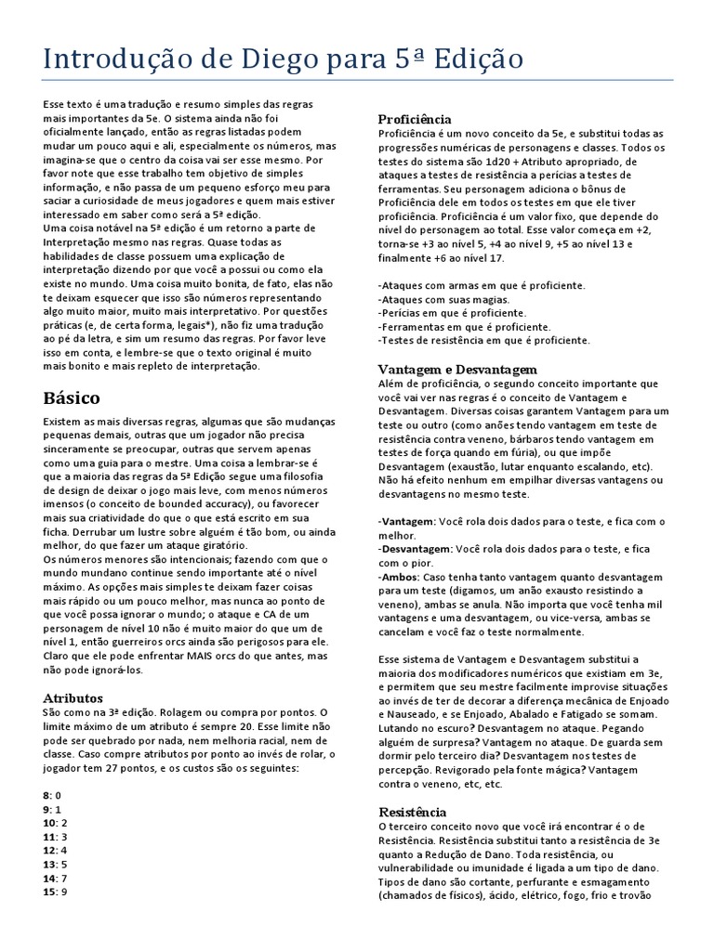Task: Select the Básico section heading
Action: (x=72, y=397)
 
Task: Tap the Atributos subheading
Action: (x=73, y=697)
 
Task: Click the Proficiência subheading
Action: (x=415, y=119)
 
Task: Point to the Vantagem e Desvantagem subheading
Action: (x=457, y=370)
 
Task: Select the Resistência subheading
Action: (x=412, y=812)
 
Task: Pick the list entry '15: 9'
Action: (x=56, y=892)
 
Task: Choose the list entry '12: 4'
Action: (x=56, y=851)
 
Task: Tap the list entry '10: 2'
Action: (x=56, y=823)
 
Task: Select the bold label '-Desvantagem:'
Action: (x=415, y=549)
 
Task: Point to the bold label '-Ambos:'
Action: (x=400, y=576)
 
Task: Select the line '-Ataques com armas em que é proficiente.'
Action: (x=482, y=285)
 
